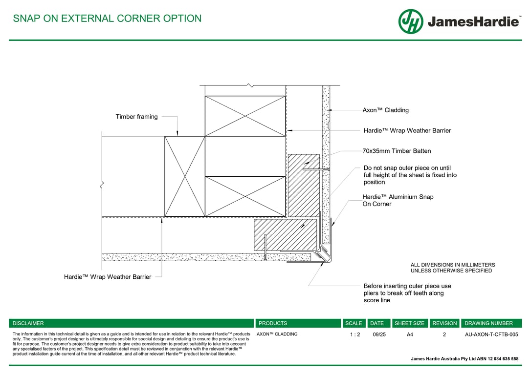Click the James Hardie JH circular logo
click(x=411, y=21)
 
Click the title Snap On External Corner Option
click(x=107, y=19)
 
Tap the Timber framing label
click(x=136, y=117)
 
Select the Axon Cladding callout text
click(x=385, y=110)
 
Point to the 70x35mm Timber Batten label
click(x=397, y=151)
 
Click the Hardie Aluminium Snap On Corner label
click(x=398, y=200)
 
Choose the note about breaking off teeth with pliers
click(x=407, y=293)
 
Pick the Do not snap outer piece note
click(x=410, y=175)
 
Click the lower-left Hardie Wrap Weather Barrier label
click(x=108, y=277)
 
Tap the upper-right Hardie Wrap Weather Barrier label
click(x=407, y=131)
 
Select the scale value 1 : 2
click(x=355, y=334)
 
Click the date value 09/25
click(x=379, y=334)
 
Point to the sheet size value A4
click(x=409, y=334)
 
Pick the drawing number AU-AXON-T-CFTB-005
click(x=491, y=334)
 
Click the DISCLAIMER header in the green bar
click(x=28, y=323)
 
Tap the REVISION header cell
click(x=444, y=323)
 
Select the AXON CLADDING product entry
click(x=277, y=334)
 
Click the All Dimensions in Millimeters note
click(x=452, y=268)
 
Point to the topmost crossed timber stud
click(x=245, y=116)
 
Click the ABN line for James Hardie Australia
click(x=465, y=359)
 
